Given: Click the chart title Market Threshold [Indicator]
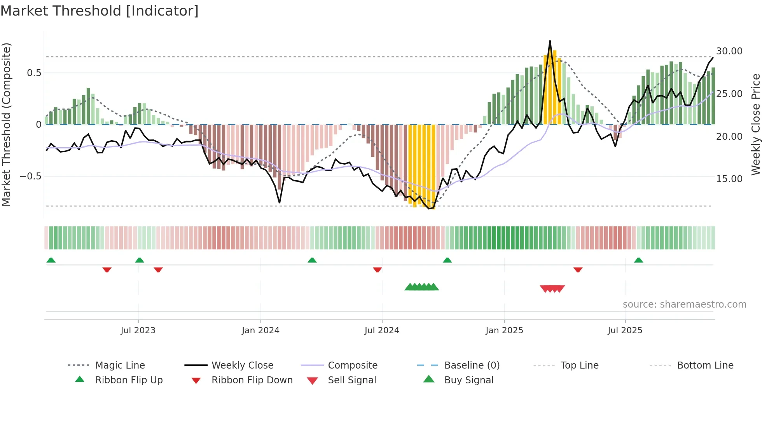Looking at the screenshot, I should click(100, 11).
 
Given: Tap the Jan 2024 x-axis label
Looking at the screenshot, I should click(260, 331).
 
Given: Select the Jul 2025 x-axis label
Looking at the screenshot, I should click(625, 331).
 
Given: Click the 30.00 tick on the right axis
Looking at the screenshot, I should click(729, 51).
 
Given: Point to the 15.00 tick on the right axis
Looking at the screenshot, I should click(729, 179).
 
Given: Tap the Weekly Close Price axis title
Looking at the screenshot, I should click(755, 124).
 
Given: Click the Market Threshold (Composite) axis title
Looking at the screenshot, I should click(6, 124).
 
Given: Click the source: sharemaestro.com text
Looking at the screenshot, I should click(684, 304).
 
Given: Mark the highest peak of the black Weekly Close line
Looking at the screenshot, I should click(550, 41).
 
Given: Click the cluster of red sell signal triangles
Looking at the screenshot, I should click(552, 289).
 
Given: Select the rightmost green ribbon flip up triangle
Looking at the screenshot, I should click(638, 260).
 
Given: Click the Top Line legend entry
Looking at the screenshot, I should click(579, 365).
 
